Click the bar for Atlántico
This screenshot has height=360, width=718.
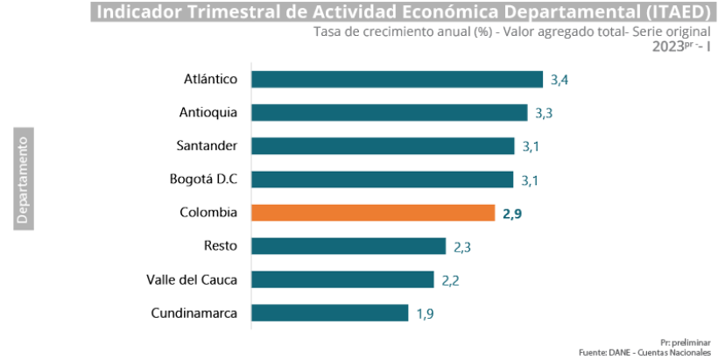397,80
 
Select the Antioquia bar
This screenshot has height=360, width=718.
389,113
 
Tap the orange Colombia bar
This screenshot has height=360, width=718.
373,213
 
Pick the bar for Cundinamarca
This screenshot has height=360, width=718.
329,313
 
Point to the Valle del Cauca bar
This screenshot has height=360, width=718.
342,279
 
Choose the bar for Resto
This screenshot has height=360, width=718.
348,246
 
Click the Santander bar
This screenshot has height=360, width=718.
383,146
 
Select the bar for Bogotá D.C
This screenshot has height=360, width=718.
382,180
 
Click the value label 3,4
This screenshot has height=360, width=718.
560,81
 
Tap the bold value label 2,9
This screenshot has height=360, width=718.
512,214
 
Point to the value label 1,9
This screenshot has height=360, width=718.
425,314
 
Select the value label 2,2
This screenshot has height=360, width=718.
450,280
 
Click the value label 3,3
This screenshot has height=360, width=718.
544,114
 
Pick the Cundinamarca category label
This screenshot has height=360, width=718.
194,313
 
